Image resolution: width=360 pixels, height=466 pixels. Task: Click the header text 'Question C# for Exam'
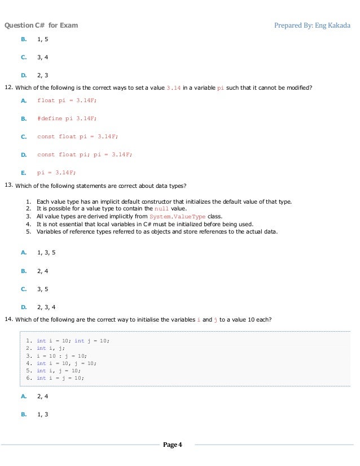tap(41, 25)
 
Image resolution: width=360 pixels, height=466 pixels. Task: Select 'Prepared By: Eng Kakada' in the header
tap(312, 25)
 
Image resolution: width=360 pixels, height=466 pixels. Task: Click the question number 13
tap(8, 185)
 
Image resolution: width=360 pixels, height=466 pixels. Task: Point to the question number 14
tap(8, 319)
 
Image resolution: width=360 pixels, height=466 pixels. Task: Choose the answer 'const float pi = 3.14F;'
tap(77, 137)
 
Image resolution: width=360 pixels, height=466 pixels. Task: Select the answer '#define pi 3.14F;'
tap(67, 118)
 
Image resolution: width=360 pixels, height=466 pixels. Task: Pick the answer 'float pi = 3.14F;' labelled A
tap(67, 100)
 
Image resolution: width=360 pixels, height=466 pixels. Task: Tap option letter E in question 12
tap(24, 173)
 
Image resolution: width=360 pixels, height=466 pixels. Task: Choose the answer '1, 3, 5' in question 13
tap(46, 253)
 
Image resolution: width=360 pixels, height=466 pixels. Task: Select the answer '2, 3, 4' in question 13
tap(46, 307)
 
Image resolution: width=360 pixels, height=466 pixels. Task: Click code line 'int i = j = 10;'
tap(60, 378)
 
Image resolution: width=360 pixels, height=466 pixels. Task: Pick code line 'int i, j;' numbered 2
tap(50, 349)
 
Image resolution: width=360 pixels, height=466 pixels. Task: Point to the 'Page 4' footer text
tap(173, 445)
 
